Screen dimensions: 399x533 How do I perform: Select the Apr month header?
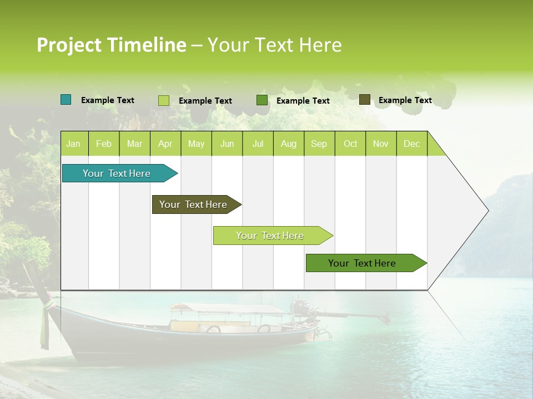tap(165, 144)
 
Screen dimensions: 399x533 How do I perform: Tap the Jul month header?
tap(258, 144)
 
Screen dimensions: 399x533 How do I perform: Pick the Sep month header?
tap(319, 144)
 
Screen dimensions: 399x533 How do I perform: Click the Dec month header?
tap(411, 144)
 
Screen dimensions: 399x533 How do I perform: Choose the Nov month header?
tap(380, 144)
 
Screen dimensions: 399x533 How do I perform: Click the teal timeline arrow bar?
tap(117, 173)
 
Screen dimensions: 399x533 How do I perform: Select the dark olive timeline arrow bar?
tap(194, 204)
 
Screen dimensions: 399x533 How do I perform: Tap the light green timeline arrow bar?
tap(270, 236)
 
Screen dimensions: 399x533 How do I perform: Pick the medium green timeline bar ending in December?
tap(363, 263)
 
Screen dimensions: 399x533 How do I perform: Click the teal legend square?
tap(66, 100)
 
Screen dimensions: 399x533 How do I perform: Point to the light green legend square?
tap(164, 100)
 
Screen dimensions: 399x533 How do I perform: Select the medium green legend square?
tap(262, 100)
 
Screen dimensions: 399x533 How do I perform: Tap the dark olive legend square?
tap(364, 100)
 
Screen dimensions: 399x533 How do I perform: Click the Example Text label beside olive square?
tap(405, 100)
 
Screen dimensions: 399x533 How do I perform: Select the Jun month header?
tap(227, 144)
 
